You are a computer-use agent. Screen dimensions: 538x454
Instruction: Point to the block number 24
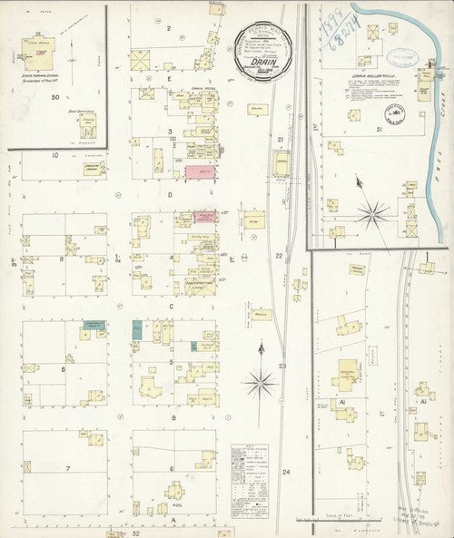(286, 473)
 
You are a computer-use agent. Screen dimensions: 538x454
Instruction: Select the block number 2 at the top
(169, 28)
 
